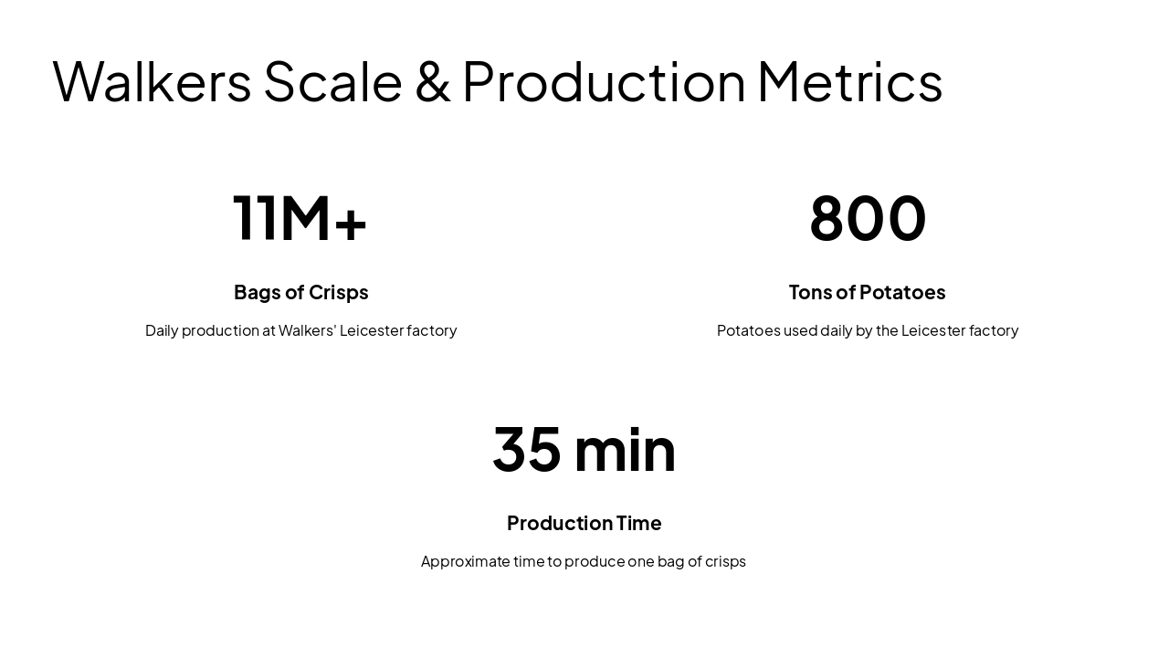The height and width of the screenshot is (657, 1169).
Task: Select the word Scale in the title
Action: [332, 81]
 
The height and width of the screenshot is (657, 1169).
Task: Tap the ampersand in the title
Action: [432, 81]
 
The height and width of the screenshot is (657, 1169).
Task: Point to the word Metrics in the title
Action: [849, 81]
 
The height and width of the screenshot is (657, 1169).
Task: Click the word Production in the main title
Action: [604, 81]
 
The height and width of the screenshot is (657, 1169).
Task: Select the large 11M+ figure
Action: [300, 218]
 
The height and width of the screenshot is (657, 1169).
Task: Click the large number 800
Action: [868, 218]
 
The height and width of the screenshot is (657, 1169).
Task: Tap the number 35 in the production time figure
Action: [527, 449]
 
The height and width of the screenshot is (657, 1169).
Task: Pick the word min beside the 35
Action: [625, 449]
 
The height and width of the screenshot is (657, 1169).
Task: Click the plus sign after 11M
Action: [351, 222]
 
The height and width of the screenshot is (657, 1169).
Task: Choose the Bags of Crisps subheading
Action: [300, 292]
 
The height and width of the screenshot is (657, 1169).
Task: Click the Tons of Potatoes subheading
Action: [867, 292]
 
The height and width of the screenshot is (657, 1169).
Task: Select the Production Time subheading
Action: [584, 523]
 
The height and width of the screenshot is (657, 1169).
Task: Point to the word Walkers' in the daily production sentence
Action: [307, 330]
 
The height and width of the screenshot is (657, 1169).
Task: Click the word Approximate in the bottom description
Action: [466, 561]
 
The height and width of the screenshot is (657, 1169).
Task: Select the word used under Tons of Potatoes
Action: [800, 330]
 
